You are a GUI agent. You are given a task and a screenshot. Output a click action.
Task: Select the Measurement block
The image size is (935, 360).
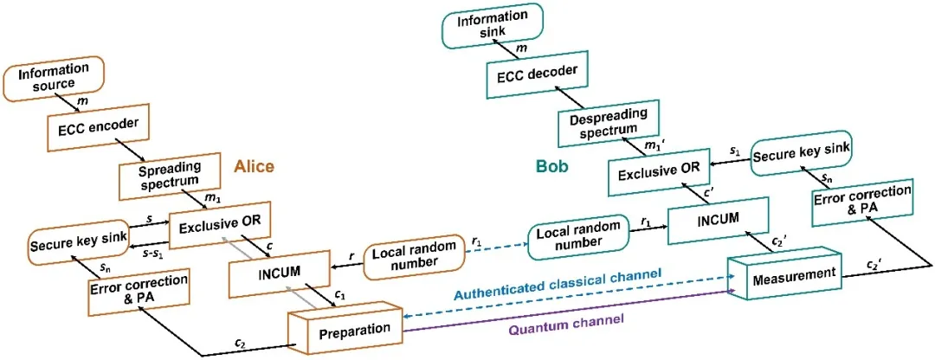[x=785, y=273]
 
